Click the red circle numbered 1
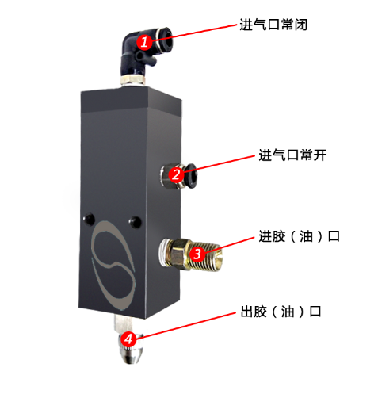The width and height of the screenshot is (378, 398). tap(144, 42)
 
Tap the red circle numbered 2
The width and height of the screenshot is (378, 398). tap(176, 174)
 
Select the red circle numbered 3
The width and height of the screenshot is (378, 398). tap(197, 254)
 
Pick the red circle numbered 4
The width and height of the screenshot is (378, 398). tap(128, 339)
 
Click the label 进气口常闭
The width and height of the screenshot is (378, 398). tap(273, 25)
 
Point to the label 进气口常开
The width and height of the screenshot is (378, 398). tap(292, 155)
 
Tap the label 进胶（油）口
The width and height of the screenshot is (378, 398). tap(299, 236)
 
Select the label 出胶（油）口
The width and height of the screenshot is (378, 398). tap(281, 312)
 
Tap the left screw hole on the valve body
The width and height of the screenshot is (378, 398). tap(89, 219)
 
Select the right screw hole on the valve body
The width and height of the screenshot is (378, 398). tap(135, 221)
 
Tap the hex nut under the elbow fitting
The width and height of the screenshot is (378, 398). tap(133, 80)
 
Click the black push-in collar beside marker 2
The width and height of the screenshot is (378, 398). tap(190, 175)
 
